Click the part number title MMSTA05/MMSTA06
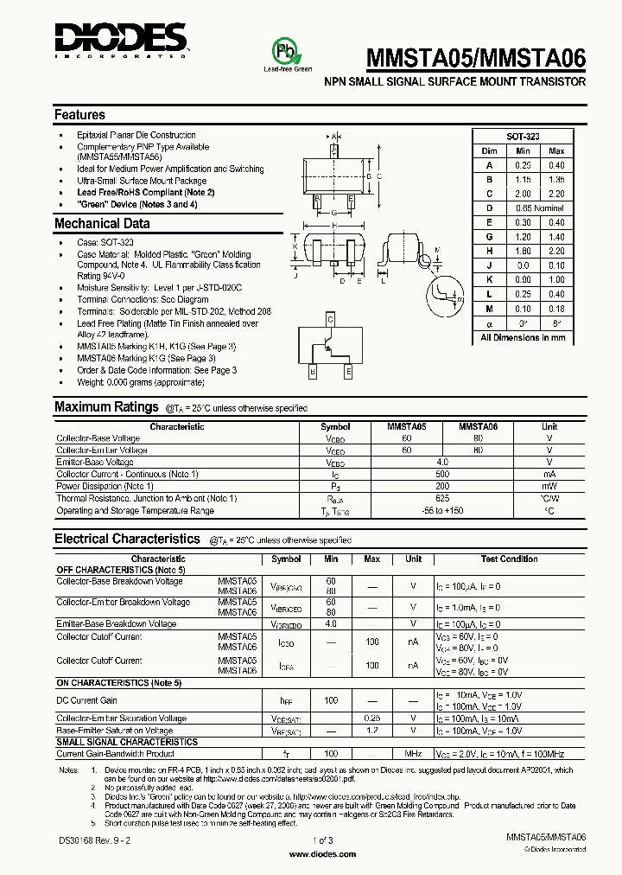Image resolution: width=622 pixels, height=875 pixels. (x=478, y=58)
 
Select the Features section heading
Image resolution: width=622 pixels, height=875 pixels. (x=79, y=114)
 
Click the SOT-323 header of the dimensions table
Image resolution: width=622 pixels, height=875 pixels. (x=523, y=137)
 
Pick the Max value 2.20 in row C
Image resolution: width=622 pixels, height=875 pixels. (x=555, y=194)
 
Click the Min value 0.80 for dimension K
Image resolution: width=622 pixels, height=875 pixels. (x=523, y=279)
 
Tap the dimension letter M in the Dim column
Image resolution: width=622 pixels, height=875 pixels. (x=489, y=309)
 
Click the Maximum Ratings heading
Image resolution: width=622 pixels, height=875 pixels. (x=106, y=406)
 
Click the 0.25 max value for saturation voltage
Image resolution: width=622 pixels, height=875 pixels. (x=372, y=719)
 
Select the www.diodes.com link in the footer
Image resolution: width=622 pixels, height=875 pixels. (x=322, y=853)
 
